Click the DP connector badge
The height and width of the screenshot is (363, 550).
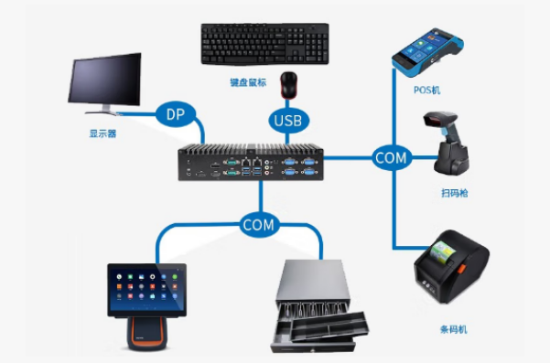175,115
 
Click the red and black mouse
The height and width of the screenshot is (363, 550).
290,85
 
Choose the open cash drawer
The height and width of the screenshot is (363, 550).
320,306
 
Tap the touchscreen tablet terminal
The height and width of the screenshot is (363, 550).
146,290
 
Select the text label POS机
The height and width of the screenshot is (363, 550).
426,89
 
